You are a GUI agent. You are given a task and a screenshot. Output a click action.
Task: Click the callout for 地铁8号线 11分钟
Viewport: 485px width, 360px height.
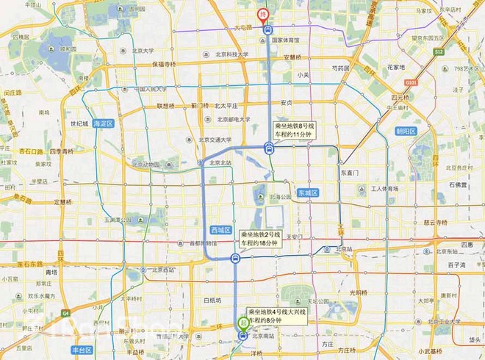pyautogui.click(x=297, y=129)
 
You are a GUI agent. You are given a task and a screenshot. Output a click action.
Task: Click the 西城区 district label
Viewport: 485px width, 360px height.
pyautogui.click(x=220, y=229)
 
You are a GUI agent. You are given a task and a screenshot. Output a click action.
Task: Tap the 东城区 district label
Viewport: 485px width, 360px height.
pyautogui.click(x=306, y=192)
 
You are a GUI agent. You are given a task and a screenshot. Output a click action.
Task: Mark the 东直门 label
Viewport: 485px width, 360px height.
pyautogui.click(x=348, y=172)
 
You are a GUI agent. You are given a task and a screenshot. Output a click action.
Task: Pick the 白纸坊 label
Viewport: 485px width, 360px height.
pyautogui.click(x=212, y=300)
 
